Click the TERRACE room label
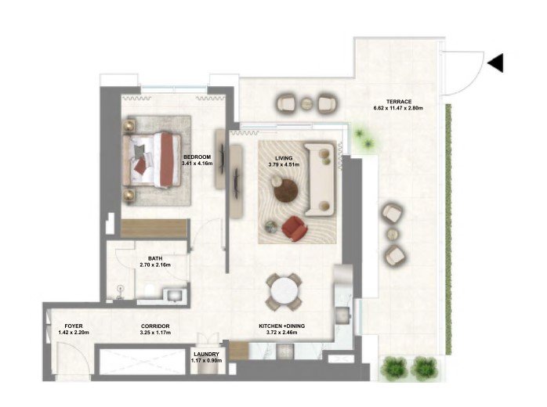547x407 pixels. click(398, 102)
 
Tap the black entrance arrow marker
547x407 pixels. click(496, 63)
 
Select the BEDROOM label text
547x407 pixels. click(197, 157)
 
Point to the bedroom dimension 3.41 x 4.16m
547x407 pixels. click(197, 163)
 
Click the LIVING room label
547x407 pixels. click(284, 158)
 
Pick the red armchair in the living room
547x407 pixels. click(295, 228)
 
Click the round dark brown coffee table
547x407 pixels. click(286, 190)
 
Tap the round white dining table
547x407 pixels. click(284, 292)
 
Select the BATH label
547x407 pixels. click(155, 258)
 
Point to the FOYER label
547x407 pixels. click(74, 326)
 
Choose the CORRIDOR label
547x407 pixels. click(155, 326)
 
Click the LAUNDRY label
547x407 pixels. click(207, 354)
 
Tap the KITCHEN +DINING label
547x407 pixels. click(281, 326)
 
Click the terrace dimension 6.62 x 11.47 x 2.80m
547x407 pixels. click(398, 108)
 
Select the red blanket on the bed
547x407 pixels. click(167, 160)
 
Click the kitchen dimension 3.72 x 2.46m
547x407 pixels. click(281, 333)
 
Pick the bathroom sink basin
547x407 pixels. click(174, 295)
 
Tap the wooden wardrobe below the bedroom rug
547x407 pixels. click(154, 229)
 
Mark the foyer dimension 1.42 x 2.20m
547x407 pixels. click(74, 333)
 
